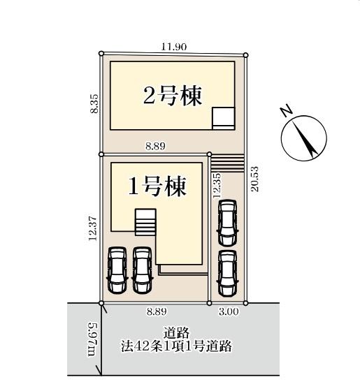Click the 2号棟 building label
click(173, 96)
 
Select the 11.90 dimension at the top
click(173, 47)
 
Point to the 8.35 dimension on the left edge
click(94, 105)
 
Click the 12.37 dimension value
click(94, 228)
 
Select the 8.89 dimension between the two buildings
click(156, 147)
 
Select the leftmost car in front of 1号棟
click(116, 271)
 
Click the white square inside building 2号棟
click(224, 117)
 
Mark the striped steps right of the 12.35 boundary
click(227, 163)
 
